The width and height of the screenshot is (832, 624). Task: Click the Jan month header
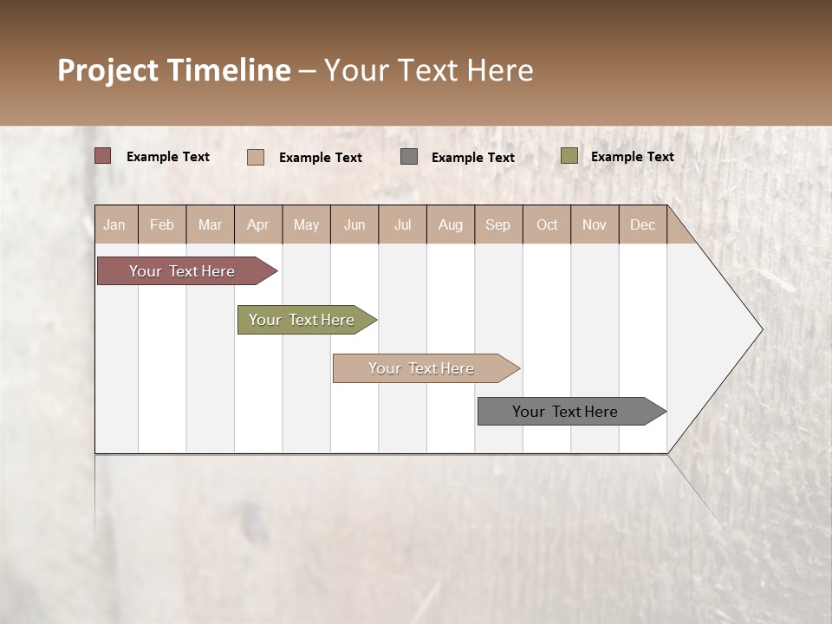point(114,224)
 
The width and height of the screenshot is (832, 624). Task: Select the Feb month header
point(162,224)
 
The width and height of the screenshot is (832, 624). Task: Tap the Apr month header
point(258,224)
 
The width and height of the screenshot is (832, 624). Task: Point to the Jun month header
point(354,224)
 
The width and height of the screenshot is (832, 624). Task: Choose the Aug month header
point(451,224)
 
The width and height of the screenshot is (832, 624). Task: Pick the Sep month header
point(498,224)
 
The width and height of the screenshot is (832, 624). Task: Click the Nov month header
point(595,224)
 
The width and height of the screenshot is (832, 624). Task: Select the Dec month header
point(643,224)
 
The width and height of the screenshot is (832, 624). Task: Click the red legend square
point(103,156)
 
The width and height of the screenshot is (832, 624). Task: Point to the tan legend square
point(256,157)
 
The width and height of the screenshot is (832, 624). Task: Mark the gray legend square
point(409,157)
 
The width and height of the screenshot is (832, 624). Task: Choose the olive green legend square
point(569,156)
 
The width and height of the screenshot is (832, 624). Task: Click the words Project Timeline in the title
point(174,70)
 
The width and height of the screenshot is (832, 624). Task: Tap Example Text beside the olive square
point(632,157)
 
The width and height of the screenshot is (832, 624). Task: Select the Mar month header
point(210,224)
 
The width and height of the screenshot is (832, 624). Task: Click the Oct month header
point(547,224)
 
